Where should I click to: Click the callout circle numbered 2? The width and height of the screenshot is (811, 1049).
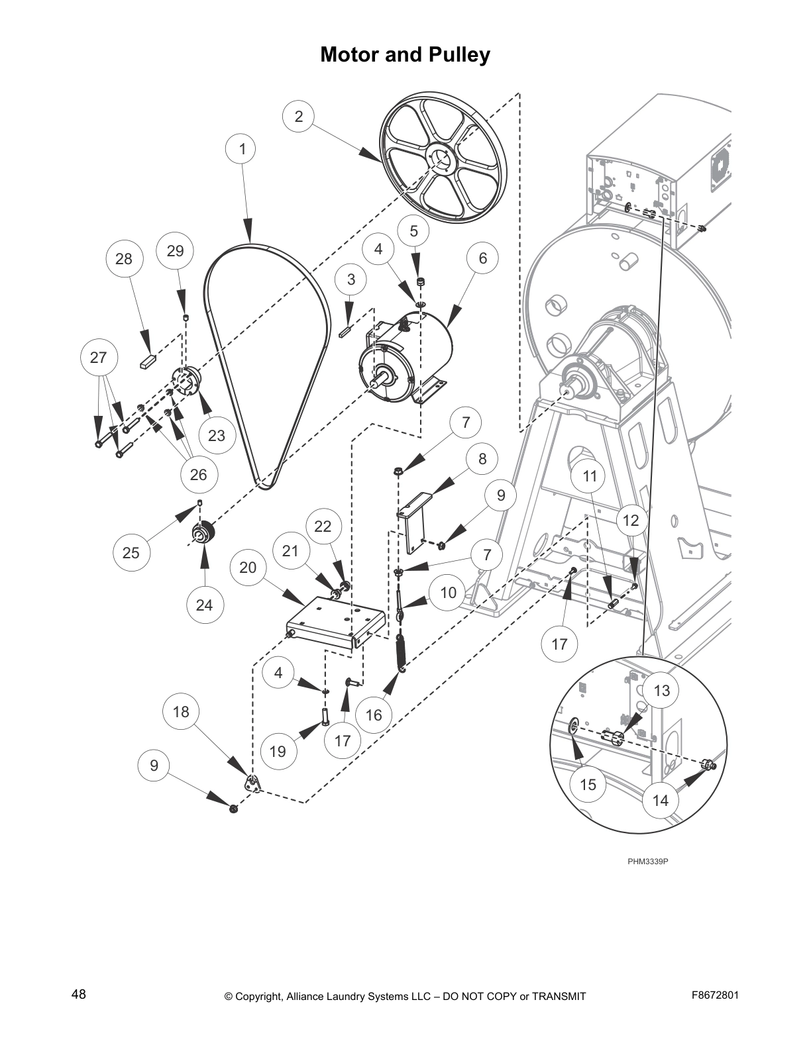pos(298,117)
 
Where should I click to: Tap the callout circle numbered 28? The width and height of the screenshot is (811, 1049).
pos(124,259)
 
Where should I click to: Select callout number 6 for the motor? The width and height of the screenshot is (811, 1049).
pos(482,258)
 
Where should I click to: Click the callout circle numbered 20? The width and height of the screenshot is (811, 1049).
pos(248,568)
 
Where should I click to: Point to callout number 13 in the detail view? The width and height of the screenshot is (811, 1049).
pos(661,691)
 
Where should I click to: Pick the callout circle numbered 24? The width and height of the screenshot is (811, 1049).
pos(204,605)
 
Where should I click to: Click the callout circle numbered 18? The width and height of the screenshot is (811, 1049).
pos(181,712)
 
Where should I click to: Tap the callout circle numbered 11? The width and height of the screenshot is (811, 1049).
pos(590,476)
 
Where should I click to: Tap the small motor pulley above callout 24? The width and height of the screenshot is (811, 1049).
pos(201,532)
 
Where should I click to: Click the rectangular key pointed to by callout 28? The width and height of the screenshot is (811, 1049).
pos(148,362)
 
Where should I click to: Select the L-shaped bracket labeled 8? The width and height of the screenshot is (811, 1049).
pos(415,523)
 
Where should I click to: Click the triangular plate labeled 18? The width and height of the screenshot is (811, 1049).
pos(252,783)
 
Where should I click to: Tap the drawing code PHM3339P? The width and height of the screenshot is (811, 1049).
pos(648,862)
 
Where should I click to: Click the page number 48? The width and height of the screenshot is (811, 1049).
pos(78,994)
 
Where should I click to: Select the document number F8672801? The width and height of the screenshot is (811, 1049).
pos(715,995)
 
